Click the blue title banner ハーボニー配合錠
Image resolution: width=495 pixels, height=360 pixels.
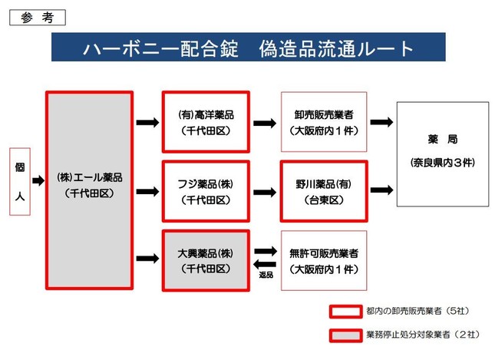pyautogui.click(x=249, y=48)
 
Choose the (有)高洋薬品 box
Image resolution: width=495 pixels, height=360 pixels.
pyautogui.click(x=206, y=121)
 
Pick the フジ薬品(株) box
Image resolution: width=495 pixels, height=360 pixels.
pyautogui.click(x=206, y=191)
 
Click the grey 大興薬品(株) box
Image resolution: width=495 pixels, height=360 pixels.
pyautogui.click(x=206, y=260)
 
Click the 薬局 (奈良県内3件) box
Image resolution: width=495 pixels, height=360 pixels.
pyautogui.click(x=442, y=153)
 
